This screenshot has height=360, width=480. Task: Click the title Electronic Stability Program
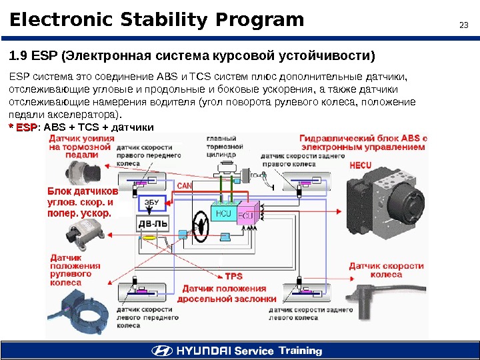tap(157, 21)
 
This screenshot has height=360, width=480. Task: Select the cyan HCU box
tap(223, 213)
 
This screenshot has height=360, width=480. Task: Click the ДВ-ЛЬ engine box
tap(153, 225)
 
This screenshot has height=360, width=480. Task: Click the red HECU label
tap(360, 164)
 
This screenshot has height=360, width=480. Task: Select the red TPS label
tap(233, 276)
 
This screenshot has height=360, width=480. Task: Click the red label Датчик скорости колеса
tap(386, 270)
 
